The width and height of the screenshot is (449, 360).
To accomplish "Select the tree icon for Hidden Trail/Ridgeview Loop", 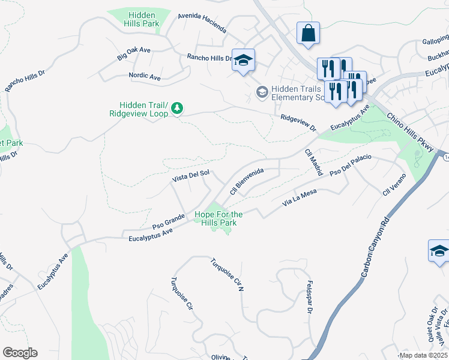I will point(176,108).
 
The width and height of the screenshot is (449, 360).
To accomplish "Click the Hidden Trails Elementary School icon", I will point(262,92).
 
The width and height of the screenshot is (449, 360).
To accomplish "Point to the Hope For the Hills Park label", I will point(218,218).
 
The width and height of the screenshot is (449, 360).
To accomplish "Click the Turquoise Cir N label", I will point(227,275).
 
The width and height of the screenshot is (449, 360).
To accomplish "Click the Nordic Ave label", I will point(145,77).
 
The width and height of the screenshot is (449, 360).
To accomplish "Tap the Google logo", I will point(20,353).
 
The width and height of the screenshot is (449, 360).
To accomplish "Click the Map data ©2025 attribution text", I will point(423,355).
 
